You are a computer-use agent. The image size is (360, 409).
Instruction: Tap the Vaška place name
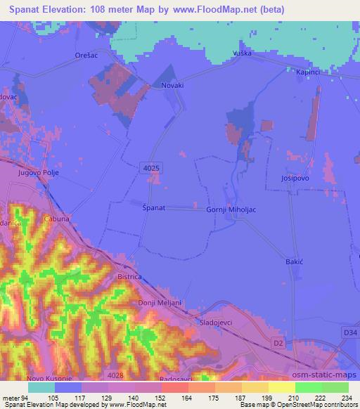(241, 54)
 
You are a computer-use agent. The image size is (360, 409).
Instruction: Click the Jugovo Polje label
(39, 172)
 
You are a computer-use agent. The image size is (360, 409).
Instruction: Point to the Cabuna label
(56, 219)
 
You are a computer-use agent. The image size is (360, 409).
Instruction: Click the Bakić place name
(294, 261)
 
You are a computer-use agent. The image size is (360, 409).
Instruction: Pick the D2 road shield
(278, 344)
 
